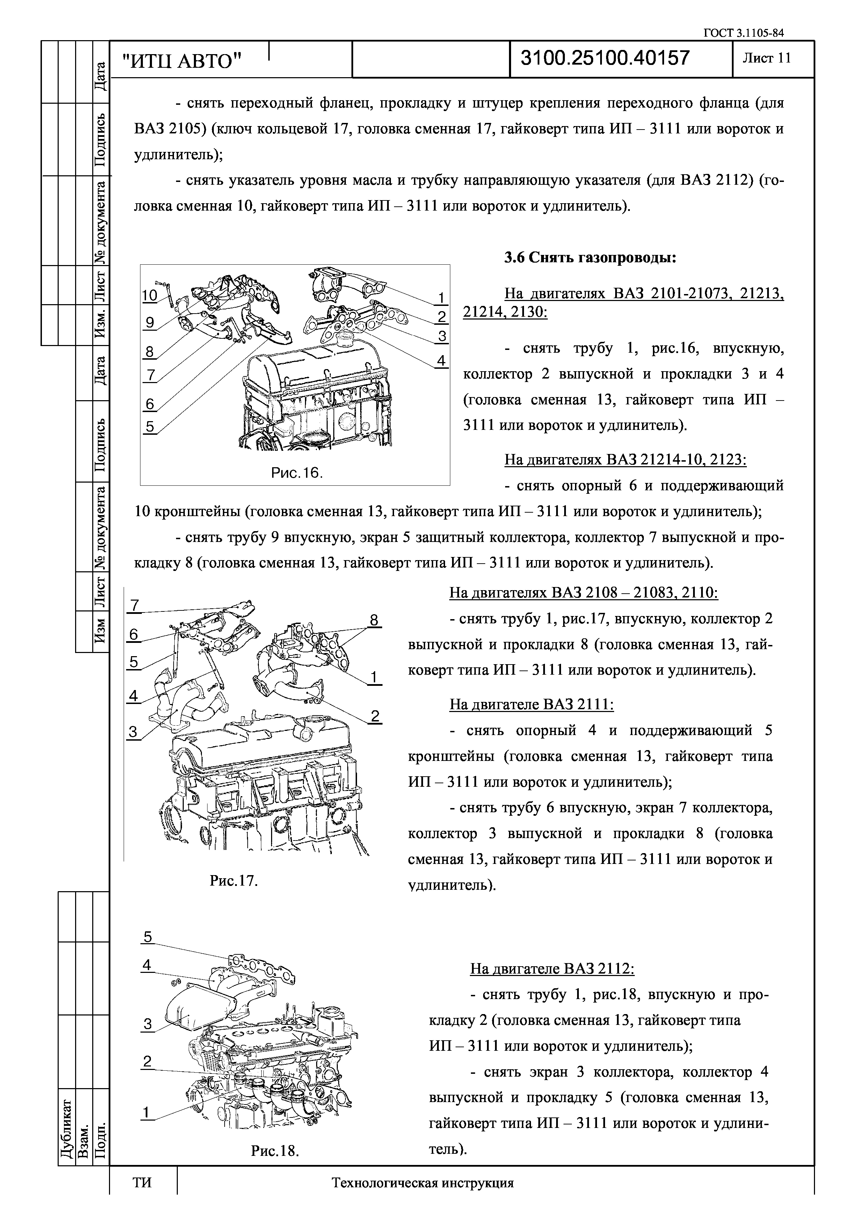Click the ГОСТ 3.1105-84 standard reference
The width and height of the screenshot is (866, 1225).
[744, 33]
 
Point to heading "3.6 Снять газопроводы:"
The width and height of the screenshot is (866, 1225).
[590, 258]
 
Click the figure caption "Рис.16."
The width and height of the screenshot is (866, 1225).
[297, 473]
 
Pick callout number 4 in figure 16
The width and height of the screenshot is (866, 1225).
[441, 361]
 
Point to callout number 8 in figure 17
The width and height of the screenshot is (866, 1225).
[374, 620]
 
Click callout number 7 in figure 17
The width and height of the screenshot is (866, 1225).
[135, 606]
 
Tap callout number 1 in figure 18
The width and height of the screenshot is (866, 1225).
[146, 1113]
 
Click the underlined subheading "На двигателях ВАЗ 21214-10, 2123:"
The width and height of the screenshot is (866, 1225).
[625, 460]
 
